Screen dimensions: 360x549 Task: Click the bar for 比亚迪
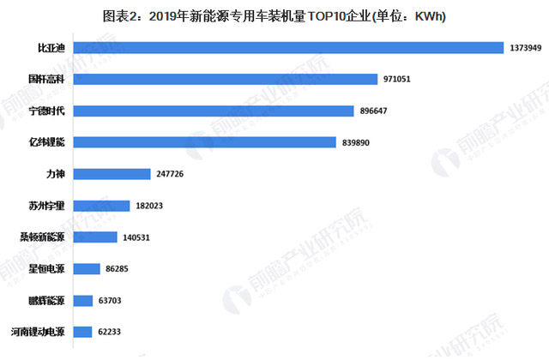point(288,48)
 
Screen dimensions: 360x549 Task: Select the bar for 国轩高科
point(226,79)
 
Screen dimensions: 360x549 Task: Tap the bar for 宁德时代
point(214,111)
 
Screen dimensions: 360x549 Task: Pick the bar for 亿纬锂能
point(205,142)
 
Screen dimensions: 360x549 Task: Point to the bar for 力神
point(112,174)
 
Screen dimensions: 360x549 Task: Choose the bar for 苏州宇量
point(102,206)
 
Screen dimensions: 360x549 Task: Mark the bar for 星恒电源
point(87,269)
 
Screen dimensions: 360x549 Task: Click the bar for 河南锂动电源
point(83,332)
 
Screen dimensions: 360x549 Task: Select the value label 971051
point(399,79)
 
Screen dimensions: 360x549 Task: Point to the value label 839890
point(358,142)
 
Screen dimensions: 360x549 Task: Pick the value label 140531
point(136,237)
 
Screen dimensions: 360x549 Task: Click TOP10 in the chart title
point(317,15)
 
